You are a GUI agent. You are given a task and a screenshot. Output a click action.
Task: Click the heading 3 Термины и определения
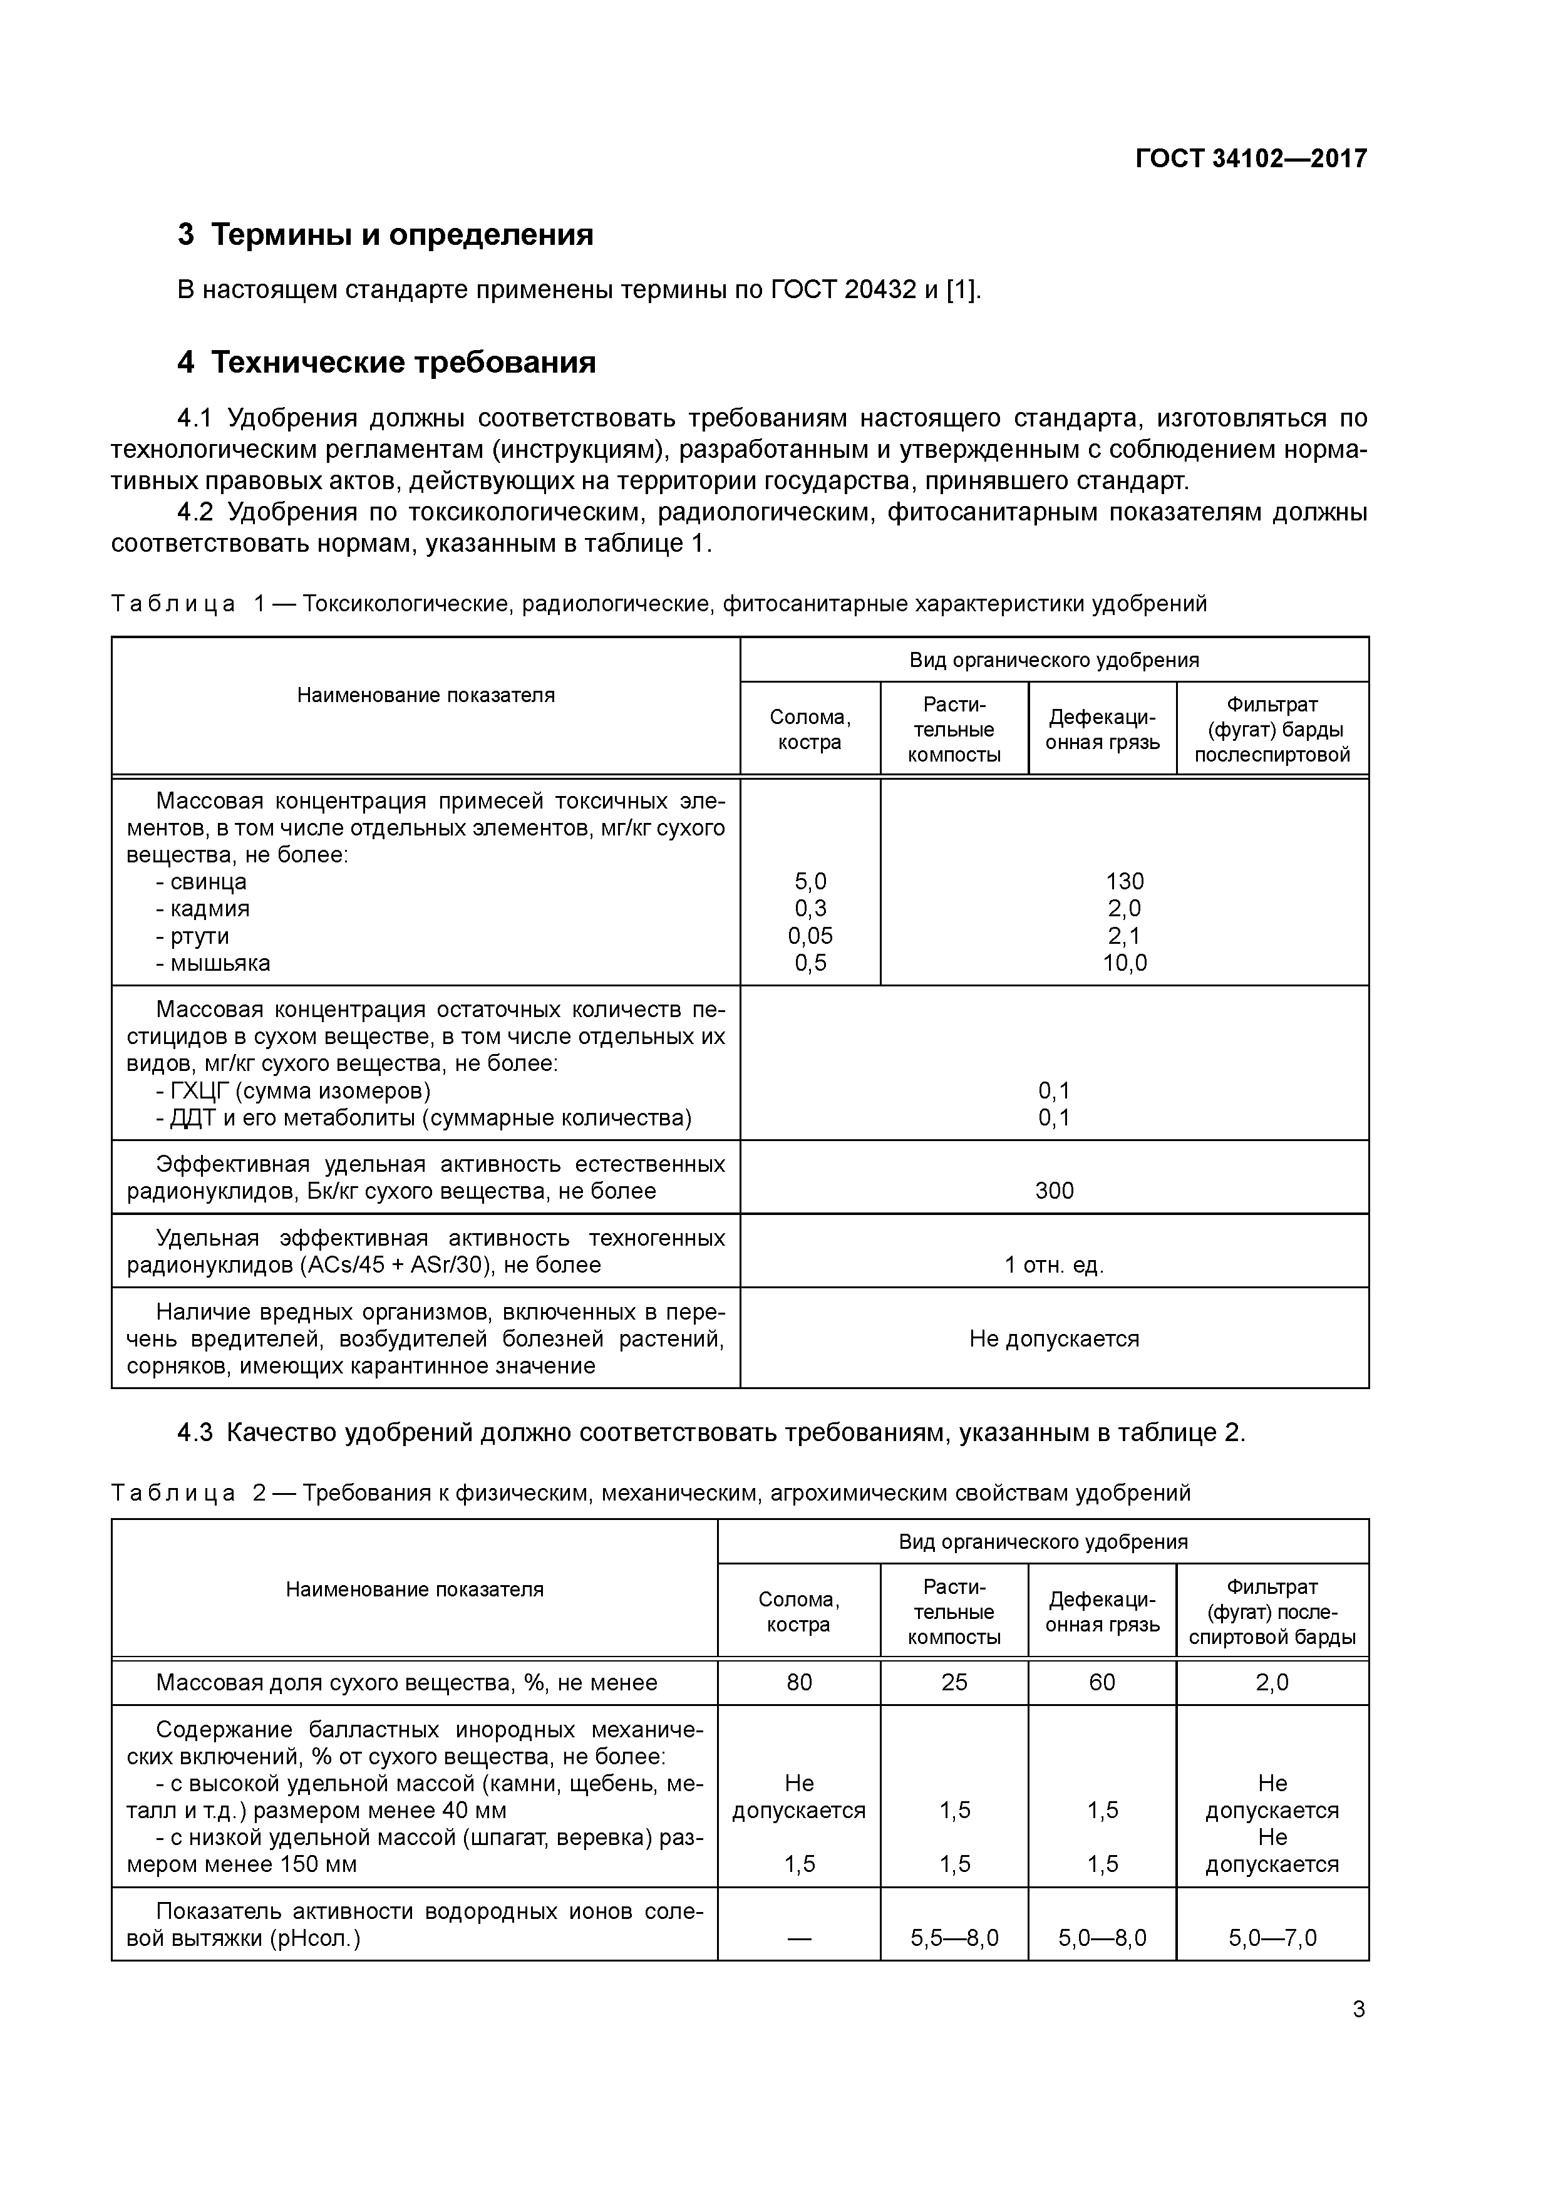[x=386, y=234]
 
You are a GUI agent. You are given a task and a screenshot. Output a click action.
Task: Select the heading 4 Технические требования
[x=386, y=363]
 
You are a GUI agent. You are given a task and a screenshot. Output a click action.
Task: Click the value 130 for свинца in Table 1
[x=1124, y=881]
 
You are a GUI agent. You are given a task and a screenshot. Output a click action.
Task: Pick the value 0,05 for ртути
[x=810, y=936]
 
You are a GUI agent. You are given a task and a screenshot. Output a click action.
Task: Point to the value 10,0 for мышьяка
[x=1124, y=963]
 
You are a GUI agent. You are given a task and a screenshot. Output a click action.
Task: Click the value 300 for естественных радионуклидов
[x=1055, y=1191]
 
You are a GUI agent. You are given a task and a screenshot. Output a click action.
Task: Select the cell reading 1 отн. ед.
[x=1055, y=1265]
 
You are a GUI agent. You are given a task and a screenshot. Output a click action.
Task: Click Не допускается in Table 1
[x=1055, y=1338]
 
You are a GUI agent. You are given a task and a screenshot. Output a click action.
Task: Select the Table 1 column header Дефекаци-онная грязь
[x=1102, y=729]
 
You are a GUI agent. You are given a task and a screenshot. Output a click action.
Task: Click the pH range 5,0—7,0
[x=1272, y=1938]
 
